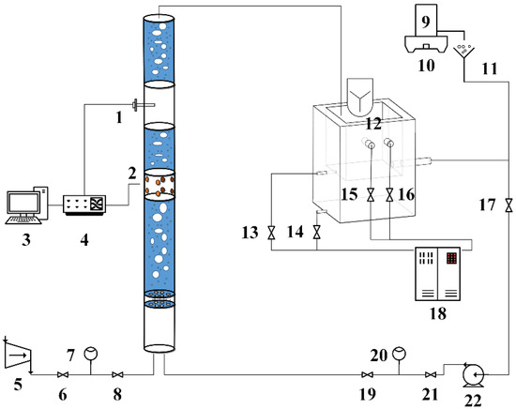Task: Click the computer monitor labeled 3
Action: pyautogui.click(x=23, y=203)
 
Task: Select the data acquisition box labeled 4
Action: pyautogui.click(x=84, y=205)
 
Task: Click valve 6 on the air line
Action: pyautogui.click(x=63, y=374)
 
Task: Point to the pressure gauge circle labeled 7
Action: pyautogui.click(x=91, y=354)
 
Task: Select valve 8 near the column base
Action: pyautogui.click(x=117, y=374)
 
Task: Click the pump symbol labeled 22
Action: pyautogui.click(x=474, y=375)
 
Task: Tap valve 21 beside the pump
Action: pyautogui.click(x=431, y=374)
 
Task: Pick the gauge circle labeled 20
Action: pyautogui.click(x=399, y=354)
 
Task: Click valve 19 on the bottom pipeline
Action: pyautogui.click(x=367, y=374)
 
